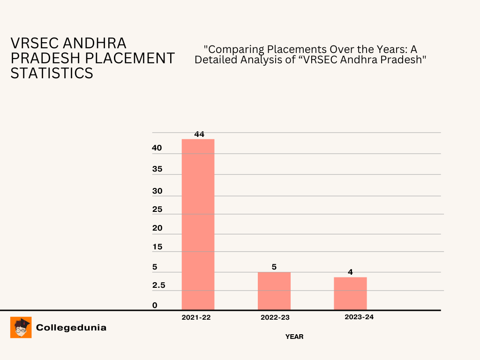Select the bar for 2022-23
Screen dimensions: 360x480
(274, 291)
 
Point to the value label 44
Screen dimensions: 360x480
(199, 134)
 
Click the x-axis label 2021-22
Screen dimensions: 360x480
(196, 317)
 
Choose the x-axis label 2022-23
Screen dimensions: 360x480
(275, 317)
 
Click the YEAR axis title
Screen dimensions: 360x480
(294, 337)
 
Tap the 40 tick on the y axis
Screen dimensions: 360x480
(157, 148)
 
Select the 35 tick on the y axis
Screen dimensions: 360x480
(157, 169)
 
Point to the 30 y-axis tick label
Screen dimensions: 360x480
(157, 191)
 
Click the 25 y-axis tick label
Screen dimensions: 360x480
(157, 210)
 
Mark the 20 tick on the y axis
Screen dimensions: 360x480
(157, 228)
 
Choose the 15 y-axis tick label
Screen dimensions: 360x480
(157, 247)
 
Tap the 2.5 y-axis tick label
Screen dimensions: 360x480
(159, 285)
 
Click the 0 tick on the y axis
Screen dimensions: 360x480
(155, 306)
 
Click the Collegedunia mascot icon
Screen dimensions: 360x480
(21, 327)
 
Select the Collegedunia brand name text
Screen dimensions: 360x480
(71, 328)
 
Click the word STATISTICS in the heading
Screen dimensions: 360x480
(52, 73)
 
